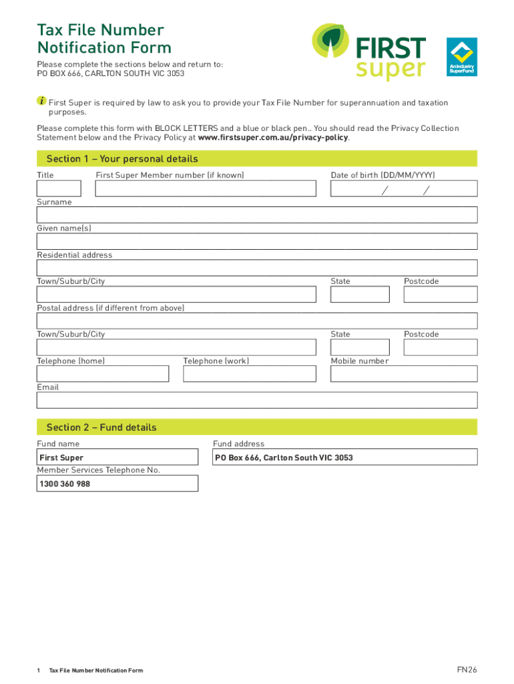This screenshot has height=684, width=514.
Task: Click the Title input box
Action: [59, 189]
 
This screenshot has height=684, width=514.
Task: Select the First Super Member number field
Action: [206, 189]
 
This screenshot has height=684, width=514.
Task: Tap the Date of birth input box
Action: [404, 189]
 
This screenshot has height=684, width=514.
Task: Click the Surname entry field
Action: [257, 215]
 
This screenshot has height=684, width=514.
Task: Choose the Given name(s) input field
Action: [257, 241]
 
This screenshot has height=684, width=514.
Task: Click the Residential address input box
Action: [257, 268]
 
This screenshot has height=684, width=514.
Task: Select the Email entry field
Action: [257, 400]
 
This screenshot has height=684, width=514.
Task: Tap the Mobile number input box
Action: [404, 373]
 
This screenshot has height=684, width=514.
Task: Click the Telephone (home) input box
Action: [103, 373]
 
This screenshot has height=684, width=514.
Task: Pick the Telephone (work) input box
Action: [250, 373]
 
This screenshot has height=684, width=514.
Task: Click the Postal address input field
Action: [257, 321]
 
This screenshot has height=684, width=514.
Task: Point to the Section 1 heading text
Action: [122, 159]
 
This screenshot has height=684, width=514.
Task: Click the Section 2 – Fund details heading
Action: [101, 427]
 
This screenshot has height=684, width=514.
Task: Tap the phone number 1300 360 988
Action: [65, 484]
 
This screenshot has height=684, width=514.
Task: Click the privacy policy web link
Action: [274, 138]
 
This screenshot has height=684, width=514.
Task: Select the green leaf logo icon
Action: [332, 44]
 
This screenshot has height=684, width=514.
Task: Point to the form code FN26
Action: [467, 669]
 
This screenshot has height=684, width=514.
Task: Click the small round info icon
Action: [41, 101]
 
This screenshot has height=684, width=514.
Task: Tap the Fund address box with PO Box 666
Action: [344, 458]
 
